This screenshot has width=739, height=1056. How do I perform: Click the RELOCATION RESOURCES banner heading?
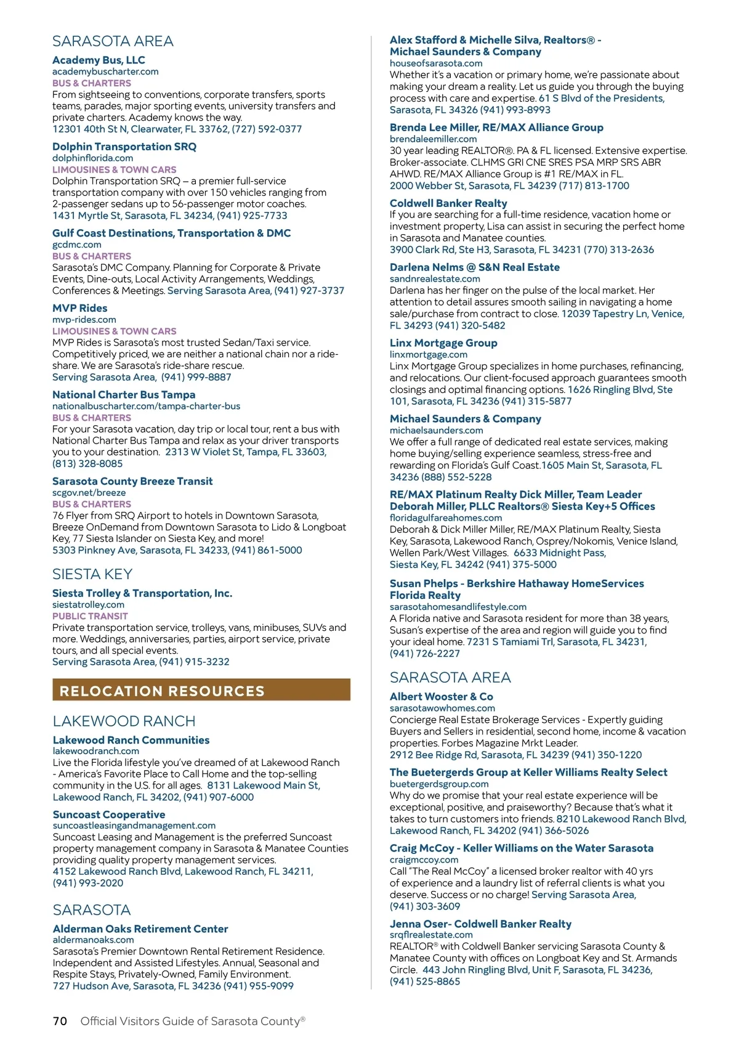162,691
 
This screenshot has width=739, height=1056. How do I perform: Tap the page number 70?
60,1021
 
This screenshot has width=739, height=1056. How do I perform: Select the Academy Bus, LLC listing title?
99,60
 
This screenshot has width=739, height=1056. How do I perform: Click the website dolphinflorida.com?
92,158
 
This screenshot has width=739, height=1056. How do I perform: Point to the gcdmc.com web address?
76,245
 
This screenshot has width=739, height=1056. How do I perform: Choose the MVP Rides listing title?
79,308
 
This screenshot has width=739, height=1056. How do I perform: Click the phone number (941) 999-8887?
196,377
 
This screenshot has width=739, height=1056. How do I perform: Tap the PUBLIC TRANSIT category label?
90,616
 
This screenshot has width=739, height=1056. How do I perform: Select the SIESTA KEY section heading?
92,574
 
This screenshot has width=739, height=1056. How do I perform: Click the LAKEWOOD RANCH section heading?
124,721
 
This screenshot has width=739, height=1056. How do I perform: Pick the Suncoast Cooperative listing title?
109,814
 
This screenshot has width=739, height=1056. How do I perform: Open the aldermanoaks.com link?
93,940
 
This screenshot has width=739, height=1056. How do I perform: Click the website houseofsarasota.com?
436,63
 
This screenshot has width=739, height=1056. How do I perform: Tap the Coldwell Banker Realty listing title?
448,203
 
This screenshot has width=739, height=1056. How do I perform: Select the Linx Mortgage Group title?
443,343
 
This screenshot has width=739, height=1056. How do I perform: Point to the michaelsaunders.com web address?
436,430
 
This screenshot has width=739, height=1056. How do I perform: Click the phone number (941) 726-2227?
424,653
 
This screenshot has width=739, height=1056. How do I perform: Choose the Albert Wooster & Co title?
441,696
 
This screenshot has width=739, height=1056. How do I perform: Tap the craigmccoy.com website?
424,859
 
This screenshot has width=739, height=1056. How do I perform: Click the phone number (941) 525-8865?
424,981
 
